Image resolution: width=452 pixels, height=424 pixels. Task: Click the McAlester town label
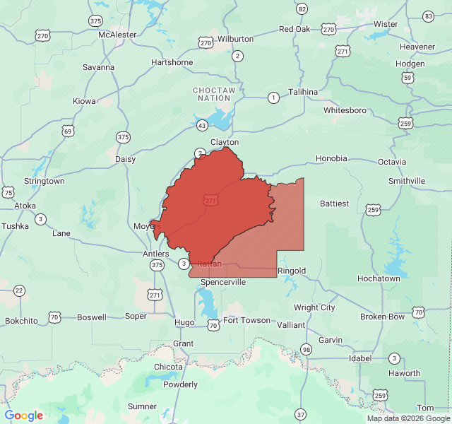click(x=117, y=34)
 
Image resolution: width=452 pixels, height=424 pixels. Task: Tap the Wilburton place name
click(x=235, y=39)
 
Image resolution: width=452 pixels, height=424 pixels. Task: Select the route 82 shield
click(x=302, y=9)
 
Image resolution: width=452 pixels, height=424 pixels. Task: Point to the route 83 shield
click(x=428, y=16)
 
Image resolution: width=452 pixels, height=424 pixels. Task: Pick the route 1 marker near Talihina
click(x=273, y=97)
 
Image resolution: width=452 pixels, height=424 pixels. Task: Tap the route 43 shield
click(x=202, y=125)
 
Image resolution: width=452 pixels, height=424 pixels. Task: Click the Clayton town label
click(x=225, y=142)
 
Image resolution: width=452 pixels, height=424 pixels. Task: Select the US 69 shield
click(x=68, y=131)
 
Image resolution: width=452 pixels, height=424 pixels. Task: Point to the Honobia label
click(x=331, y=158)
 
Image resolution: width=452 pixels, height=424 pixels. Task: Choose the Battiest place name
click(x=335, y=204)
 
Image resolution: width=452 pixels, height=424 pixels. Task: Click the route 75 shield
click(x=8, y=192)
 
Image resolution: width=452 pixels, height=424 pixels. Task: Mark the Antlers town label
click(x=156, y=254)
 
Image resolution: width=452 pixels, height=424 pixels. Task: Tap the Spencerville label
click(x=223, y=282)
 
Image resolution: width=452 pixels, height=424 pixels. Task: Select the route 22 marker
click(x=19, y=290)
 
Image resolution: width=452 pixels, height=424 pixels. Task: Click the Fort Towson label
click(x=246, y=320)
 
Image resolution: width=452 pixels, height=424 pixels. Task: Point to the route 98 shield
click(x=306, y=349)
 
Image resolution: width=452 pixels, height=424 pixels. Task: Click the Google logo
click(x=24, y=416)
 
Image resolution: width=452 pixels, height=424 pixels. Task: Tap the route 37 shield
click(x=301, y=413)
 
